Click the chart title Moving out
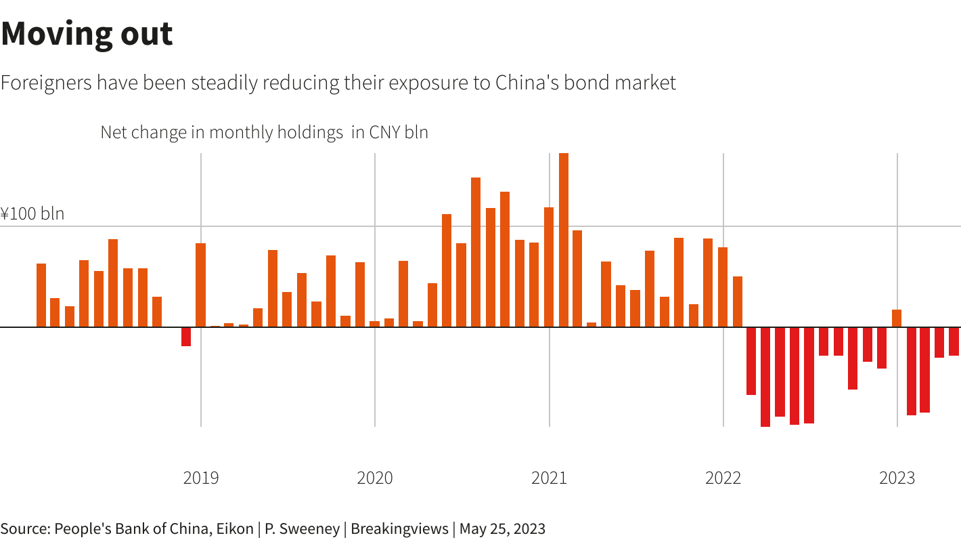[x=87, y=34]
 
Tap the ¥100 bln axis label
[x=32, y=214]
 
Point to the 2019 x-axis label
[x=201, y=478]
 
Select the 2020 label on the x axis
[x=375, y=478]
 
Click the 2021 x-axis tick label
[x=549, y=478]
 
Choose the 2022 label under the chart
[x=723, y=478]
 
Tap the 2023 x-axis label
[x=897, y=478]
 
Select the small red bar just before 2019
[x=186, y=337]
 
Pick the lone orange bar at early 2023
[x=897, y=318]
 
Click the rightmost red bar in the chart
[x=954, y=341]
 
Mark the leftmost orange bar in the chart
[x=41, y=295]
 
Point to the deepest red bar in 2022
[x=765, y=377]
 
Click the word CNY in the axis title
[x=386, y=132]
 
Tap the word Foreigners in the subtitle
[x=46, y=83]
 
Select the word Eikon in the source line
[x=233, y=528]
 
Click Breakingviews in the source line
[x=399, y=528]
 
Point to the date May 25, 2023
[x=502, y=528]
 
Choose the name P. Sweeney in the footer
[x=303, y=528]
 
